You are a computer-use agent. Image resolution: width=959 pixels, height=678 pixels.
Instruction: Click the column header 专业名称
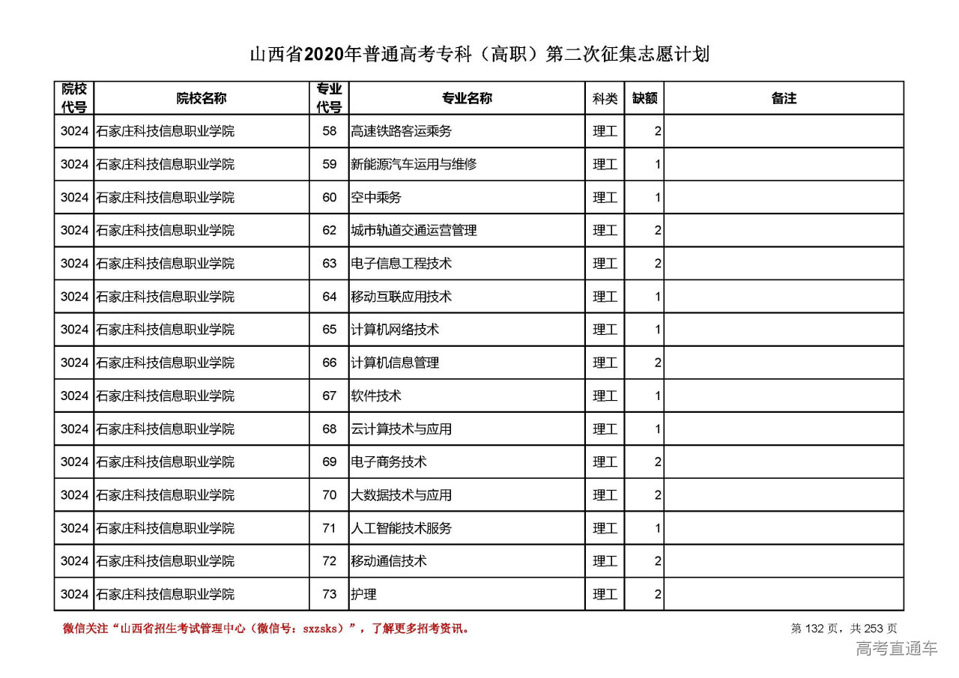tap(466, 98)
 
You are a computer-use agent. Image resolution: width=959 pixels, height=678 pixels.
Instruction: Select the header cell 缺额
tap(644, 98)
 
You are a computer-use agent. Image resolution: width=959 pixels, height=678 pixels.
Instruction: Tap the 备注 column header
tap(783, 98)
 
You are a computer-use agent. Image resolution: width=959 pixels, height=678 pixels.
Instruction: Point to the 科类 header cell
tap(605, 98)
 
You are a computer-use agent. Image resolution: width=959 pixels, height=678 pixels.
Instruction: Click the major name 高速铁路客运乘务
tap(401, 131)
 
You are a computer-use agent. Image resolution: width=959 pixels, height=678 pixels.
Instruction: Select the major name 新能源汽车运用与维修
tap(414, 164)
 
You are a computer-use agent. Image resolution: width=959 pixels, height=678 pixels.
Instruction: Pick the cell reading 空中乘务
tap(376, 197)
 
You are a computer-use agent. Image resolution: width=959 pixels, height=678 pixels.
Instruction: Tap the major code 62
tap(330, 230)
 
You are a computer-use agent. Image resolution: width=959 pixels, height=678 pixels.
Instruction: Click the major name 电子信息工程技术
tap(401, 264)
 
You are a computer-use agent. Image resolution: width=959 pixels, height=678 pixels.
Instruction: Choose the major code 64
tap(330, 297)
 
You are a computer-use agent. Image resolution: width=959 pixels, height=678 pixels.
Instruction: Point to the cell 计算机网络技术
tap(395, 330)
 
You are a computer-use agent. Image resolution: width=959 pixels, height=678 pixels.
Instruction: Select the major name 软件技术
tap(376, 396)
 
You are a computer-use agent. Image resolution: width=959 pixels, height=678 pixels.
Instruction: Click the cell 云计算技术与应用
tap(401, 429)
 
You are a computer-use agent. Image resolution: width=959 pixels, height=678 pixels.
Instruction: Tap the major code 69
tap(330, 462)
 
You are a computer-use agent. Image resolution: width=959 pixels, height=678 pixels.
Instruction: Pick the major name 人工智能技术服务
tap(401, 528)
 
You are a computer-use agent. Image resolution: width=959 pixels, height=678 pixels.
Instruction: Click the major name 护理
tap(363, 594)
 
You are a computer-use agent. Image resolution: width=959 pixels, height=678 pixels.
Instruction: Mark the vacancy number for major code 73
tap(657, 594)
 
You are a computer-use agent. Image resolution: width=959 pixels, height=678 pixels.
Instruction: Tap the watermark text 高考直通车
tap(896, 649)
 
